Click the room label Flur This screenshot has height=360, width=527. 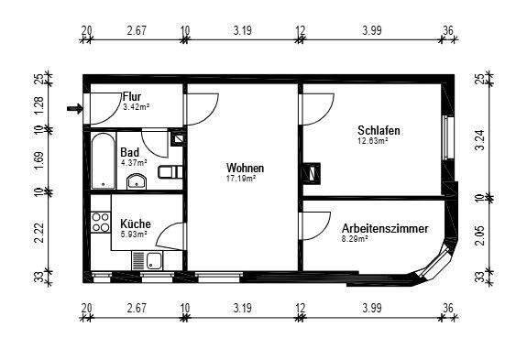pos(133,96)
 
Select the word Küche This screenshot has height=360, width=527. pos(136,224)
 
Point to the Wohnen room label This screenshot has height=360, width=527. pos(245,169)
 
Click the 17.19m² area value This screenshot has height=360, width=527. pos(241,180)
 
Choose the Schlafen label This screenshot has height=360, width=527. pos(379,131)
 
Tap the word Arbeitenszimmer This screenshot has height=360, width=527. pos(384,228)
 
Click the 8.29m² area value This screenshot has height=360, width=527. pos(355,239)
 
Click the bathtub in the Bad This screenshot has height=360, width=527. pos(101,160)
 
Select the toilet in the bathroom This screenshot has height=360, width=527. pos(169,171)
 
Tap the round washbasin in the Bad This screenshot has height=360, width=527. pos(137,180)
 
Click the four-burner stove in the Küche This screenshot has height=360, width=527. pos(100,222)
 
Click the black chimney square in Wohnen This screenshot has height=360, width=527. pos(318,169)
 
